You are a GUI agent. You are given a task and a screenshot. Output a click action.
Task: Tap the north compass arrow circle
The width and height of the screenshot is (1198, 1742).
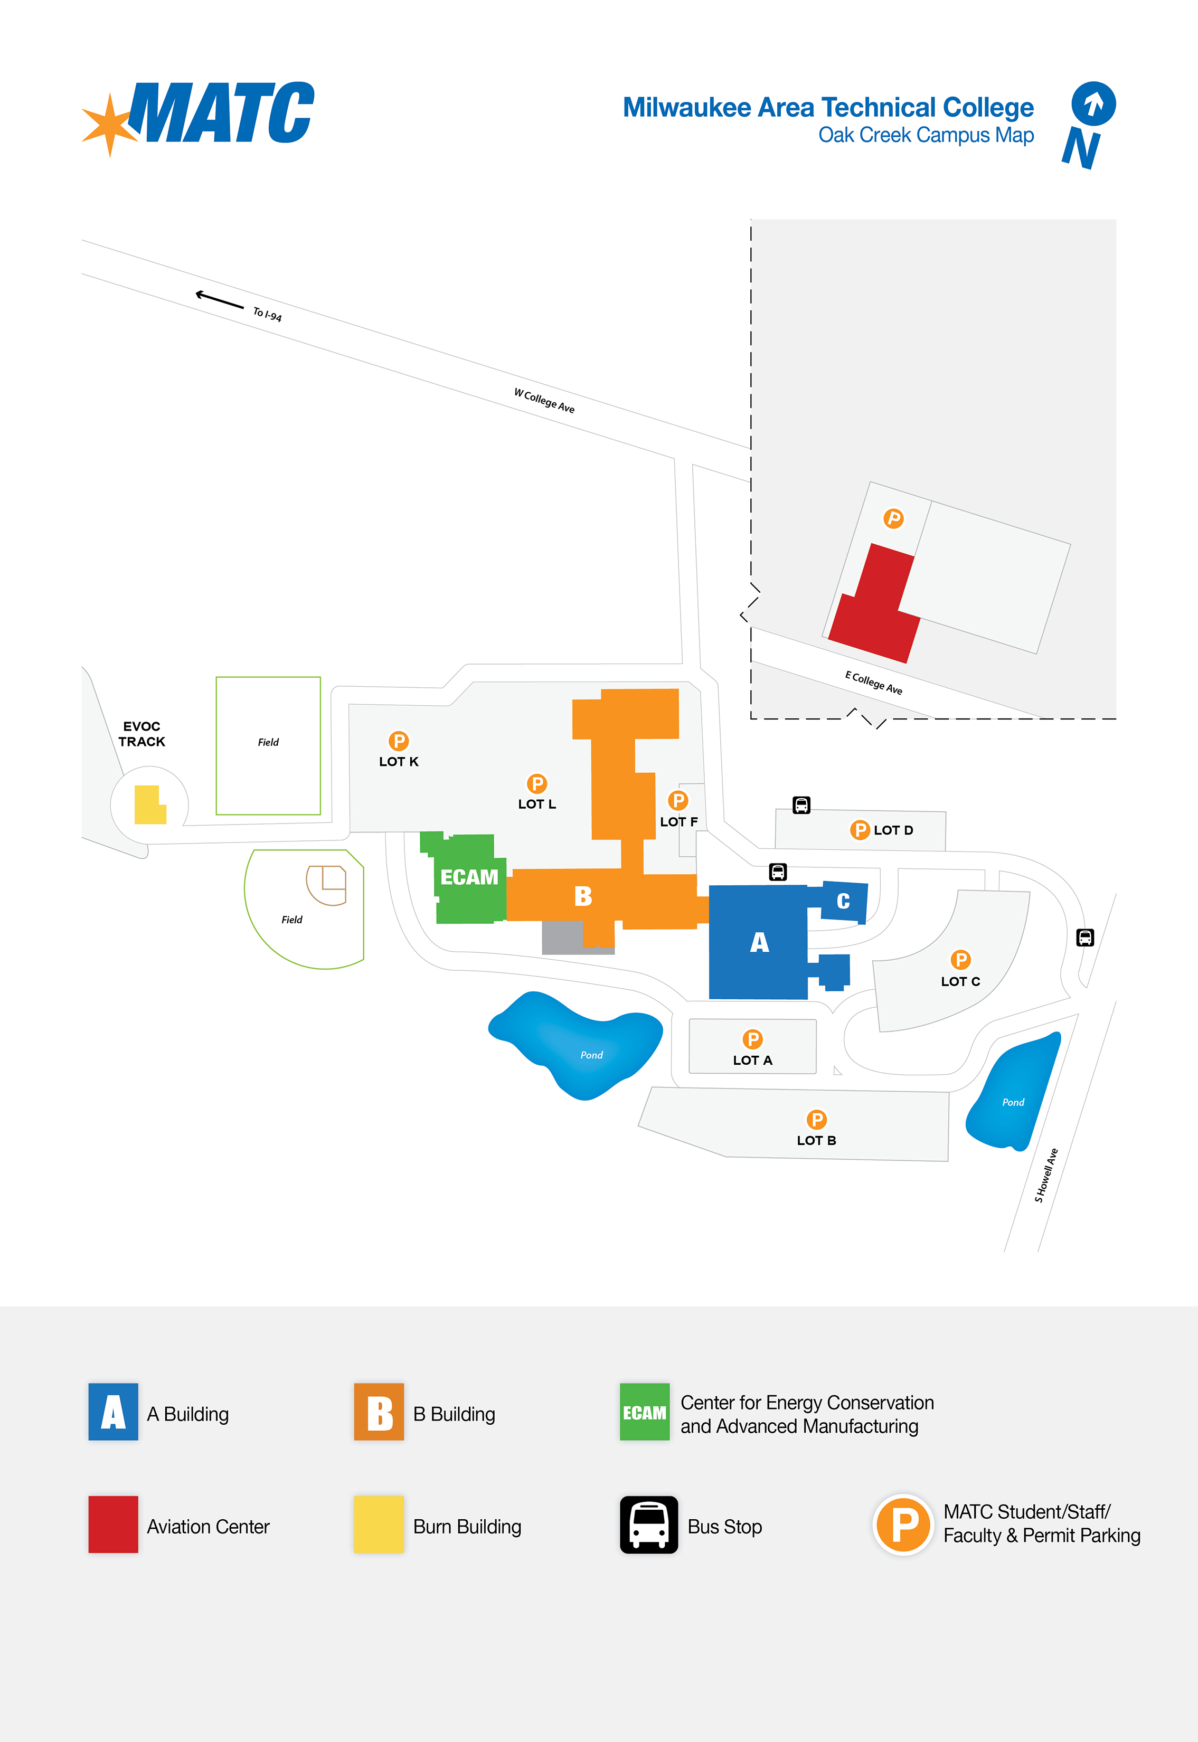click(1093, 103)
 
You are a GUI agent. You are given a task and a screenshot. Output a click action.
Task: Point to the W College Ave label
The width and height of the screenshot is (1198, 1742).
click(544, 401)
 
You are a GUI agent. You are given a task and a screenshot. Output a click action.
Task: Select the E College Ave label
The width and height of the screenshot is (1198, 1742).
click(874, 682)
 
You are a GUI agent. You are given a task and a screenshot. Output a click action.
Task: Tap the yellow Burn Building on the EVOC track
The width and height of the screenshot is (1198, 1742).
click(149, 806)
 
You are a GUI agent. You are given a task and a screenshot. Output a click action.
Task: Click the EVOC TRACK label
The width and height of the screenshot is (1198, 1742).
click(142, 734)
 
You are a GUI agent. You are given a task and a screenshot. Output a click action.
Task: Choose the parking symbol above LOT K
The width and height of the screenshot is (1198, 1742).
click(399, 741)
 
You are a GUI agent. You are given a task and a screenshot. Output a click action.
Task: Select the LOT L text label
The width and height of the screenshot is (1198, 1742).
click(537, 804)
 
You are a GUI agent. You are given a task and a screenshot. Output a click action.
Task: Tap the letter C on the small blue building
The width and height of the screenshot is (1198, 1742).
click(843, 901)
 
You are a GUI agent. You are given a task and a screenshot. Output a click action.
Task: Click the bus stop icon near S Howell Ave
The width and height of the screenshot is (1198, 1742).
click(1084, 938)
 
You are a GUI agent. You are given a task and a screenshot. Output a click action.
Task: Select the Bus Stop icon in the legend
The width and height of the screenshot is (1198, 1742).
click(648, 1525)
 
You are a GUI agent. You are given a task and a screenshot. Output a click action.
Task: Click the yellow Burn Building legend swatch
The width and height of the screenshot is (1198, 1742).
click(379, 1525)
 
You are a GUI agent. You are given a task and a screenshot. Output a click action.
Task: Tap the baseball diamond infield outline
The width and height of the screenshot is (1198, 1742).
click(326, 885)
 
